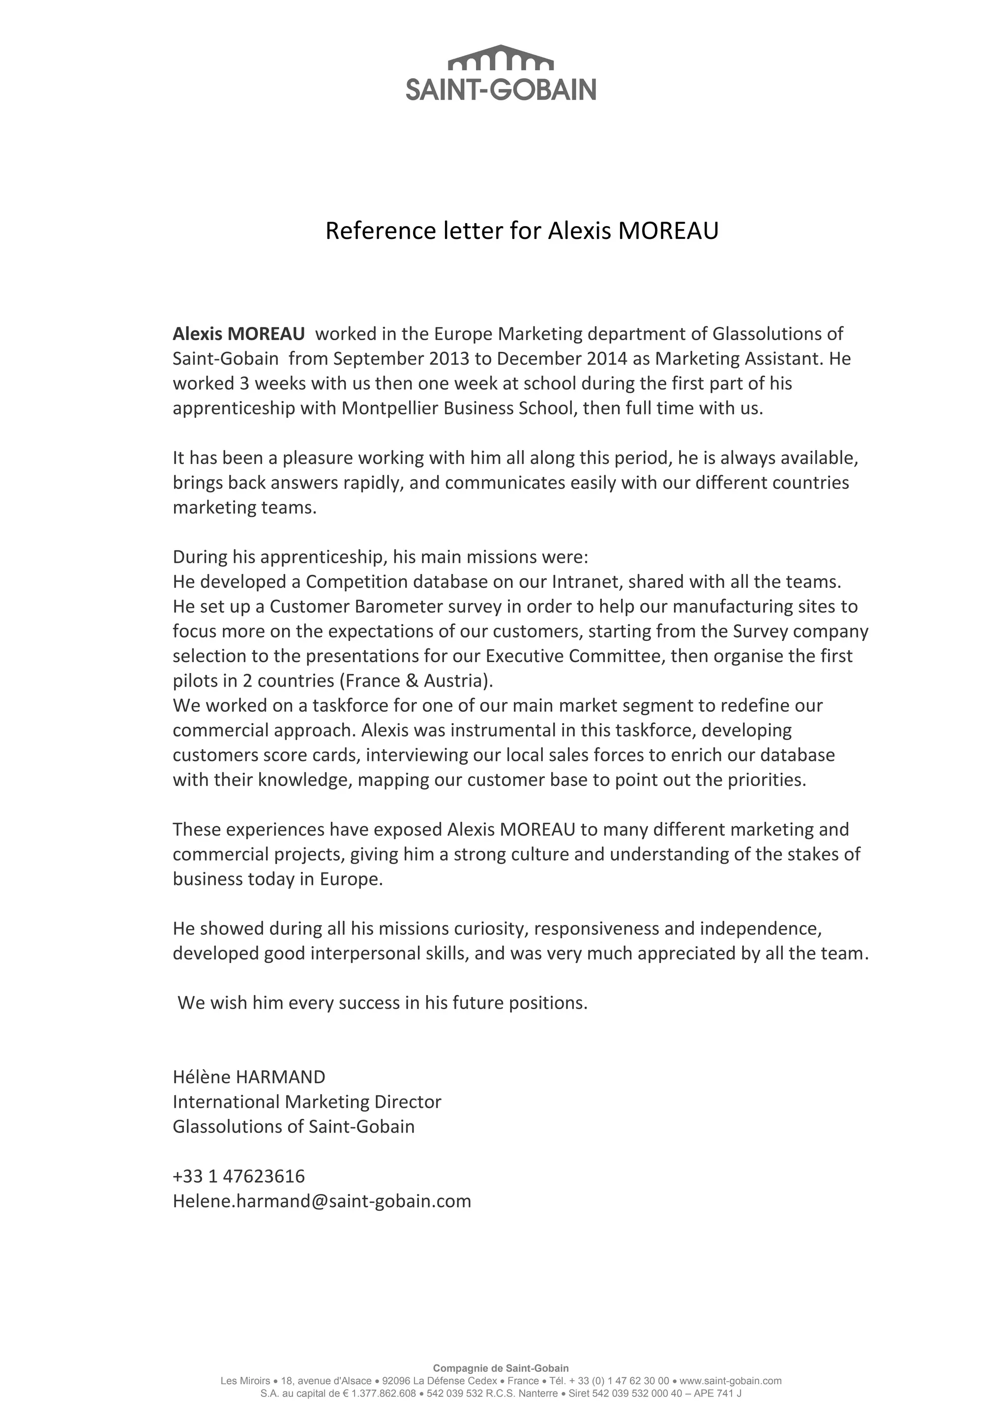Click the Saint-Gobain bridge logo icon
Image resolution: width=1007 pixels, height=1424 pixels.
click(500, 58)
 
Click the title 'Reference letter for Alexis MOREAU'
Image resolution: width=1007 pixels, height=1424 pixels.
click(522, 231)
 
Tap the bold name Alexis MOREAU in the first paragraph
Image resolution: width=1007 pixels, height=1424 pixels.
click(239, 334)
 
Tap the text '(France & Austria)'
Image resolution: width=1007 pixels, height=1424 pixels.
click(415, 681)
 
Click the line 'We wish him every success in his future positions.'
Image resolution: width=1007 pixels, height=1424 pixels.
click(382, 1003)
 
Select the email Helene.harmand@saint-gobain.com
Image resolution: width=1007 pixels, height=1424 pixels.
click(322, 1201)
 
